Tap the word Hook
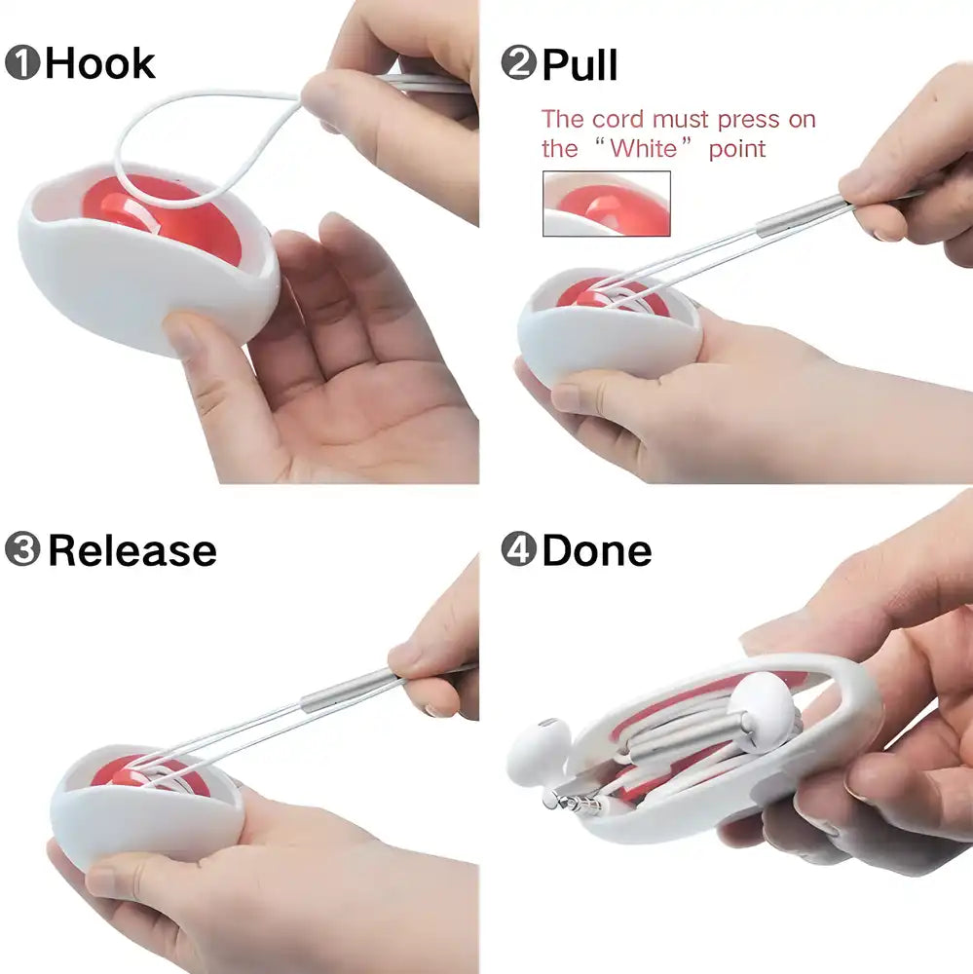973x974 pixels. [99, 64]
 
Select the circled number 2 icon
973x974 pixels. [518, 64]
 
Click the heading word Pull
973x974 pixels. [580, 65]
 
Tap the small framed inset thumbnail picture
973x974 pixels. [606, 204]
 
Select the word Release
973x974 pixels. [131, 550]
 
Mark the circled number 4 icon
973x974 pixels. [518, 550]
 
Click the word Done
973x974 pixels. [596, 550]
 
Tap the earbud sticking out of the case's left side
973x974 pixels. [538, 750]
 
